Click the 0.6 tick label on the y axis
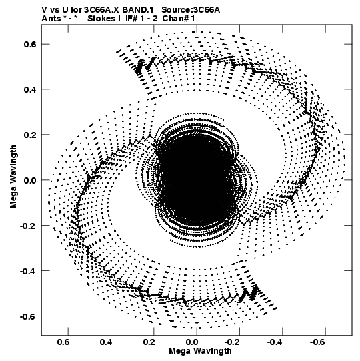click(30, 44)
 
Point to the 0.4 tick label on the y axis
click(30, 89)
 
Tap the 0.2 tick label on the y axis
click(30, 135)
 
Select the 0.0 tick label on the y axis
click(30, 180)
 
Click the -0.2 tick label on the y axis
click(28, 225)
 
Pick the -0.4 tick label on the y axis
click(28, 270)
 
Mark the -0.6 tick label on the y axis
click(28, 316)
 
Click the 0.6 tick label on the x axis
click(63, 342)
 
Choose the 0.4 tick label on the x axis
click(106, 342)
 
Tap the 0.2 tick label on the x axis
click(149, 342)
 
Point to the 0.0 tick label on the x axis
click(192, 342)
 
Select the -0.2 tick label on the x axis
click(233, 342)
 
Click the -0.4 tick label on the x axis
click(276, 342)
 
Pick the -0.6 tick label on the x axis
click(319, 342)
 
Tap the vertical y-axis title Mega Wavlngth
click(13, 177)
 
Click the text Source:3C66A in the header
click(191, 10)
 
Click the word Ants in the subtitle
click(51, 19)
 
